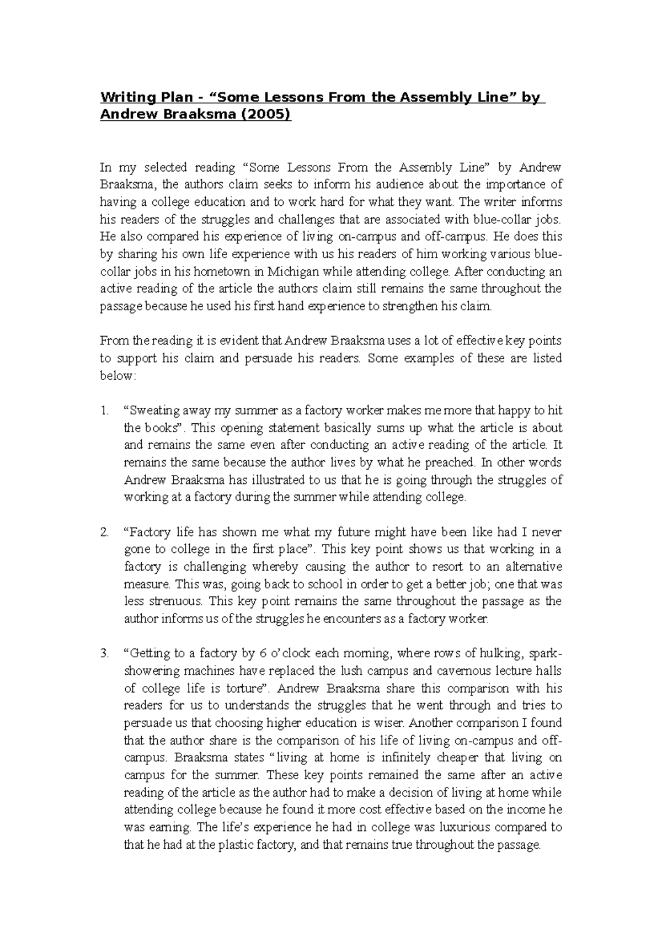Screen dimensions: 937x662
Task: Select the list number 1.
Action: (x=104, y=411)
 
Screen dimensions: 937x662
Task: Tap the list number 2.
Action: (x=104, y=533)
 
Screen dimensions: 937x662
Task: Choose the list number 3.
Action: (x=104, y=654)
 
